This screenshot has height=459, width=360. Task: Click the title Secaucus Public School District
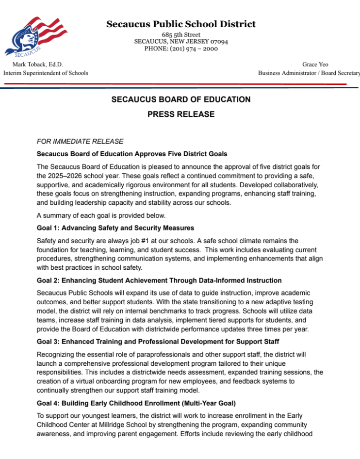181,24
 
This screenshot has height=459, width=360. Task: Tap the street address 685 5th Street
181,35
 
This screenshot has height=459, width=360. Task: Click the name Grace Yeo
315,65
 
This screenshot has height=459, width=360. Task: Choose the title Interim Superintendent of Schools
46,73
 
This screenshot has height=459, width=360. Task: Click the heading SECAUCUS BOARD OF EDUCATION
181,99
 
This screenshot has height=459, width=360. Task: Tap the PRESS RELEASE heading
181,115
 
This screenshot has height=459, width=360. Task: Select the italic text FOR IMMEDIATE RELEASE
80,142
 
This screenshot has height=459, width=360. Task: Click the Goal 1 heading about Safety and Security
115,228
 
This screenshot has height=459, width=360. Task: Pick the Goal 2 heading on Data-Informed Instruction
159,280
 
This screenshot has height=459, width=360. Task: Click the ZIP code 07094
218,42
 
